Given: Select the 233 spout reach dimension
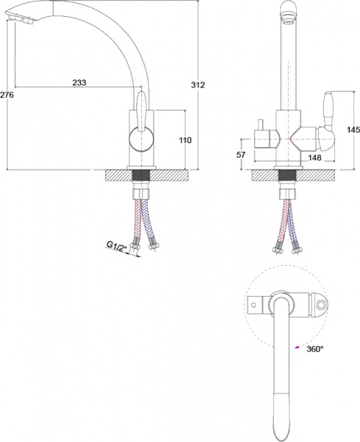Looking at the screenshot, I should [80, 83].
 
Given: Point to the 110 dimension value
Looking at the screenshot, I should [185, 139].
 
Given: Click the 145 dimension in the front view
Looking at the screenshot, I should [352, 130].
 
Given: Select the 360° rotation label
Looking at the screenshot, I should [315, 349].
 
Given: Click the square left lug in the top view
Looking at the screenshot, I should [254, 304].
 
